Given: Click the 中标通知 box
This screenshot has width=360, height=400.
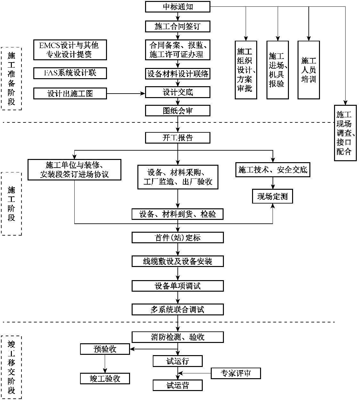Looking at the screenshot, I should coord(178,7).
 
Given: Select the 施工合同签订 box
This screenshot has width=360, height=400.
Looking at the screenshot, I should coord(178,26).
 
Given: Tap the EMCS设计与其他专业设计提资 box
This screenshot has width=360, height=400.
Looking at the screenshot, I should coord(70,50).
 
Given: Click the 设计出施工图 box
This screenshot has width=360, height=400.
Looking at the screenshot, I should coord(70,94).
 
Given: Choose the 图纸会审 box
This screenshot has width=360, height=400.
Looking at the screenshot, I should coord(178,111).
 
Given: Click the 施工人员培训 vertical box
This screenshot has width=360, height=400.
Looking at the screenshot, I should coord(309,70).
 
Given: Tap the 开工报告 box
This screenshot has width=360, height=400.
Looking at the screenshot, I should coord(178,138).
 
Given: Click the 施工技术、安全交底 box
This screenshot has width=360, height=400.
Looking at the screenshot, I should coord(273,170).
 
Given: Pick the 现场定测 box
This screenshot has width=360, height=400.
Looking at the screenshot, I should coord(273,196).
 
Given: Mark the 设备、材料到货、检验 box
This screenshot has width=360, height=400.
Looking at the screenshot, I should coord(178,214).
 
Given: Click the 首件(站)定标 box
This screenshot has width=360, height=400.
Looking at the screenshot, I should coord(178,238).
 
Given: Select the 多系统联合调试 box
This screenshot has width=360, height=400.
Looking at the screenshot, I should coord(178,310).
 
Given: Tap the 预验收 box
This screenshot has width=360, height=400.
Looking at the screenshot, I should coord(105,349).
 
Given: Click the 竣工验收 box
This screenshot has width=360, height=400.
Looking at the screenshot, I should coord(105,379).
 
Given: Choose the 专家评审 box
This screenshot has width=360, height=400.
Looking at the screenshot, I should coord(236,373).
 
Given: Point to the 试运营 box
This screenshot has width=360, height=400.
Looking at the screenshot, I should coord(178,385).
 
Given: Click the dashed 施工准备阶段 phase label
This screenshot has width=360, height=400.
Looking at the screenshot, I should coord(12,79).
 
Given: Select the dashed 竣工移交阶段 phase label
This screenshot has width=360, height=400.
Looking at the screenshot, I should coord(12,367).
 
